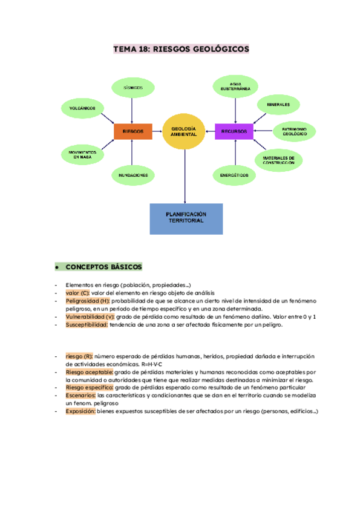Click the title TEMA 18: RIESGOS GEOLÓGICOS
click(x=181, y=49)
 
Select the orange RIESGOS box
click(x=132, y=131)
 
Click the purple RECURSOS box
click(x=234, y=131)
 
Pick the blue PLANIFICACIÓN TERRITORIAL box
click(x=186, y=218)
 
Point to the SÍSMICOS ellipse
click(x=132, y=87)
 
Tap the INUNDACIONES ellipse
click(x=132, y=175)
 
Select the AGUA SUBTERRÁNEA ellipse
click(x=235, y=87)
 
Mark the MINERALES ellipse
click(x=278, y=105)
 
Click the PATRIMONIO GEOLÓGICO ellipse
click(x=294, y=131)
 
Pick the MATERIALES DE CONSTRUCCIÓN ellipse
click(x=278, y=160)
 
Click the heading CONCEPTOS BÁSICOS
click(x=103, y=267)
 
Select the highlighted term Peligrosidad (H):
click(x=87, y=301)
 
